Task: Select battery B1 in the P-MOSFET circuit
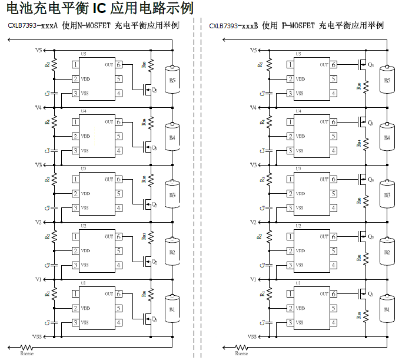point(387,309)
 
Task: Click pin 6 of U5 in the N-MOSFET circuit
point(119,65)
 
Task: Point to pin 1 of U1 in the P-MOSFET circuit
point(291,295)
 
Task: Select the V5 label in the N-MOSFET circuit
point(38,51)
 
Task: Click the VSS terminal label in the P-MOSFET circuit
point(252,337)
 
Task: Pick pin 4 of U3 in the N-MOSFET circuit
point(119,208)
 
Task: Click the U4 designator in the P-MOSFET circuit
point(298,111)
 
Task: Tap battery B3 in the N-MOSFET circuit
point(172,194)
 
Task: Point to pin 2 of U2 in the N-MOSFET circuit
point(75,251)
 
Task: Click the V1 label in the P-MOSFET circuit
point(252,279)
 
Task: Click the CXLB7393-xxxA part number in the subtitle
point(33,26)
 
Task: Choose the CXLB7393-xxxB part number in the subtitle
point(235,26)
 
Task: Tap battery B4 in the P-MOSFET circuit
point(387,137)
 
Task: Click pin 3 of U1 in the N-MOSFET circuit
point(75,323)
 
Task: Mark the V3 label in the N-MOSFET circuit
point(38,165)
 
